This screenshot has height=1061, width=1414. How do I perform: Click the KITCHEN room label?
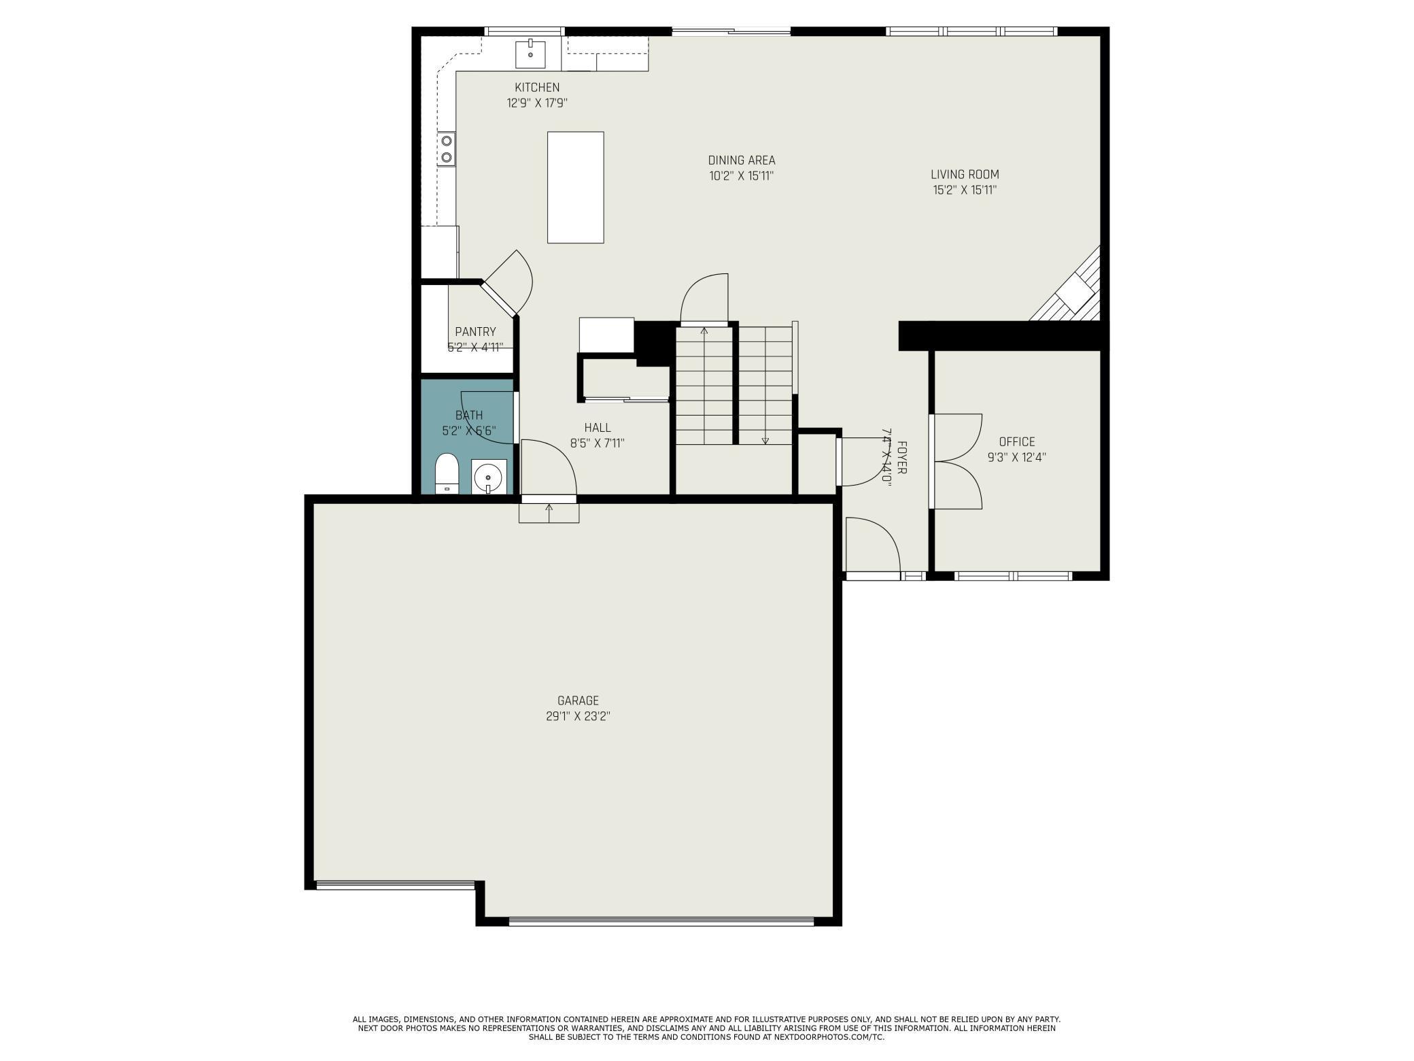(x=537, y=88)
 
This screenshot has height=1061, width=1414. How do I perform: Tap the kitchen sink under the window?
(x=530, y=54)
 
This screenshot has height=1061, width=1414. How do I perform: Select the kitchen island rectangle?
(x=575, y=187)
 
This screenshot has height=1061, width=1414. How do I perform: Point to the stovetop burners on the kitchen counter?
(x=447, y=149)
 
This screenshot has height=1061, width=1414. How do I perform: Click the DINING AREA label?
(x=741, y=161)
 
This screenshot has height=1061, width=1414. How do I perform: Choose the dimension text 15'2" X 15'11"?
(x=965, y=190)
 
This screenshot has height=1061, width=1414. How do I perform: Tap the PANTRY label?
(x=475, y=332)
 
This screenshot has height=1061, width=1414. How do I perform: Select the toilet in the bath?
(x=447, y=473)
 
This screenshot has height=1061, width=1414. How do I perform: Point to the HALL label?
(x=597, y=428)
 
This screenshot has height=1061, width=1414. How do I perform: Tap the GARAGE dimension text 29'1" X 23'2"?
(x=578, y=716)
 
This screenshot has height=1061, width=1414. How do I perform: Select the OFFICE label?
(x=1016, y=442)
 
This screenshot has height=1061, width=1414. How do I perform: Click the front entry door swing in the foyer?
(x=872, y=544)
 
